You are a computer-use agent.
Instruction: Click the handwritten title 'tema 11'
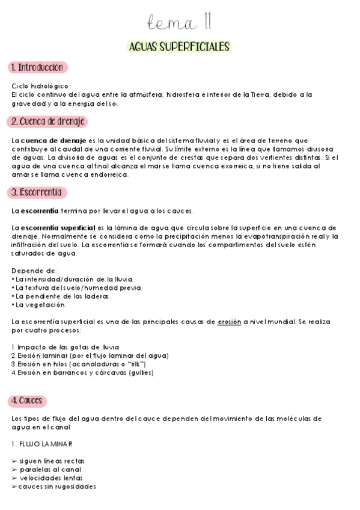180,23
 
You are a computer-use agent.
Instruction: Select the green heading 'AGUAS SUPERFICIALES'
180,46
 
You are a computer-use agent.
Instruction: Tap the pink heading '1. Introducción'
37,67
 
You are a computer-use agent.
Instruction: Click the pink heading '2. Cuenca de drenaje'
47,121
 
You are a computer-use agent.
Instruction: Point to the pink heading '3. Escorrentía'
37,192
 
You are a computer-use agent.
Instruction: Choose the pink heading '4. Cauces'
28,401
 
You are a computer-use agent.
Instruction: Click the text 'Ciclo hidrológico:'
41,85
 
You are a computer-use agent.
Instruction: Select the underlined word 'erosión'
230,322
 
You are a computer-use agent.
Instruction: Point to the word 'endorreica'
117,175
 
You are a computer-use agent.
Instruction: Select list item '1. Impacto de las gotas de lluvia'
66,347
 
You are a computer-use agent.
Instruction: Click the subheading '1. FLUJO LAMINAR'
42,444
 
